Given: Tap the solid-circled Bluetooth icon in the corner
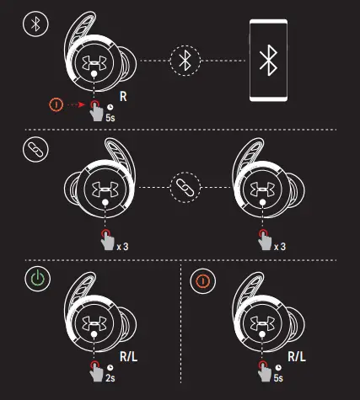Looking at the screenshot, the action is (35, 24).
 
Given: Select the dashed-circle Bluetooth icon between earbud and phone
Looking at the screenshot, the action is (185, 61).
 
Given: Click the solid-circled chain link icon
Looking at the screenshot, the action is (35, 149).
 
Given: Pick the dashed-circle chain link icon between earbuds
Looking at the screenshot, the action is (185, 187).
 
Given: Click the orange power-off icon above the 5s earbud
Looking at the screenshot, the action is (203, 281).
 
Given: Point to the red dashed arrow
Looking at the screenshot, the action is (76, 104).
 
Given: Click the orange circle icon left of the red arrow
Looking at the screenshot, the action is (56, 104).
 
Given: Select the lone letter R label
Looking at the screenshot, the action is (123, 96).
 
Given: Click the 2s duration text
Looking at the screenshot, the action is (110, 378).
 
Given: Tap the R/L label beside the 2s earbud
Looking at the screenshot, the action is (128, 357).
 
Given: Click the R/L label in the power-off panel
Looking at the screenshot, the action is (297, 357).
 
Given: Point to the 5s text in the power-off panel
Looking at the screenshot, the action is (278, 378).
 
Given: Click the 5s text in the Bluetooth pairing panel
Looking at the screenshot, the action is (110, 118).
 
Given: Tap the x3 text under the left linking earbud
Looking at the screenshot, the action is (122, 247).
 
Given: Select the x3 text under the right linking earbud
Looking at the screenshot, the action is (280, 247).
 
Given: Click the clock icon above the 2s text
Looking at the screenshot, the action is (110, 367).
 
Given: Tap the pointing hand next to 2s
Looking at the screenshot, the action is (96, 372).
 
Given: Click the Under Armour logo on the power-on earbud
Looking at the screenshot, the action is (94, 323).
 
